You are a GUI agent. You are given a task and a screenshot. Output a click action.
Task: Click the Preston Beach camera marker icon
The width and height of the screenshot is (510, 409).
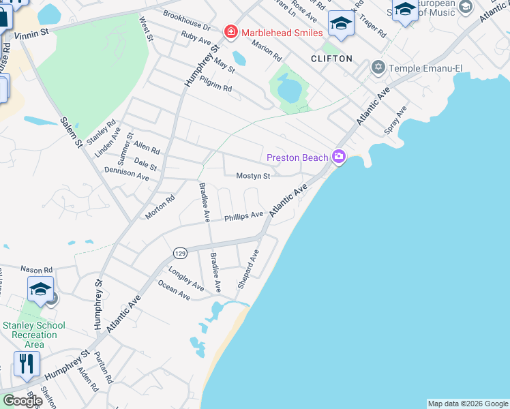339,157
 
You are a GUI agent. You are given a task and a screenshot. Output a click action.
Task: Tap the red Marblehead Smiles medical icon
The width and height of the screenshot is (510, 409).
230,33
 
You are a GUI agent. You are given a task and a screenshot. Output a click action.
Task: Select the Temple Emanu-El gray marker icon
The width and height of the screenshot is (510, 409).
378,67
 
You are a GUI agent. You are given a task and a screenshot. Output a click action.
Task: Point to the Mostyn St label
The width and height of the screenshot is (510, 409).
253,176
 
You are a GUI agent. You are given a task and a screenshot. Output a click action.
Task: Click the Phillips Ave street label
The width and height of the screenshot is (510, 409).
243,215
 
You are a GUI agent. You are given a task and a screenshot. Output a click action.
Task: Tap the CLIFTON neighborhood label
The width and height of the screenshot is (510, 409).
331,59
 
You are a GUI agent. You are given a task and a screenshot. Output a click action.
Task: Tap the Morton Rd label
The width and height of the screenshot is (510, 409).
160,207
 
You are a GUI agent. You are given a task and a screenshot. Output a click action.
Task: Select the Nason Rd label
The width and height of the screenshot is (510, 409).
36,270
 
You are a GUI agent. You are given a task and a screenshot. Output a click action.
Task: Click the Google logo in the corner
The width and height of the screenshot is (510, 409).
22,401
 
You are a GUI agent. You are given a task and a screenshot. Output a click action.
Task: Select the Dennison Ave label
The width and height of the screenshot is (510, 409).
126,175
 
